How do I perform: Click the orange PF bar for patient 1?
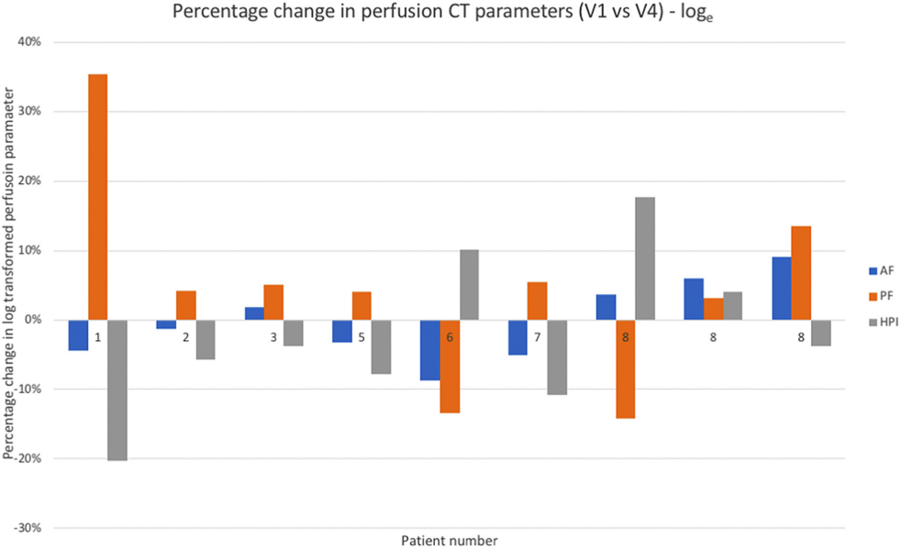(97, 197)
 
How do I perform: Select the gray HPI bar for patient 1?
(117, 390)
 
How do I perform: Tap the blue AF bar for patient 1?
(78, 335)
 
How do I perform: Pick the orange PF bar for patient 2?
(186, 305)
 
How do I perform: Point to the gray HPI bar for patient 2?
(205, 340)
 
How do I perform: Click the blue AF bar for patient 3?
(254, 313)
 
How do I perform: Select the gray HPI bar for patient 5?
(381, 347)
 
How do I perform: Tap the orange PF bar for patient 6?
(450, 367)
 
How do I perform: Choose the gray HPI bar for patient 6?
(469, 284)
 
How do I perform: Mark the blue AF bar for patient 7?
(517, 337)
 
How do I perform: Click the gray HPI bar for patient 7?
(557, 357)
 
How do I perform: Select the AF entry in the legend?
(882, 270)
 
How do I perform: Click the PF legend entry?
(882, 297)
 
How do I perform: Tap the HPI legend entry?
(883, 323)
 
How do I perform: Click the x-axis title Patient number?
(450, 541)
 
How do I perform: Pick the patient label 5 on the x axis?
(361, 337)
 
